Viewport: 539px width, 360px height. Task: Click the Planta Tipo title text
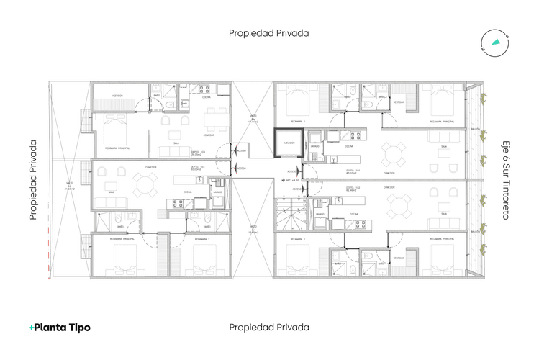[x=63, y=328]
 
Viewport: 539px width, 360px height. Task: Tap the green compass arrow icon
[x=495, y=42]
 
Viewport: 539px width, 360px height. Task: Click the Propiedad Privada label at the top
[x=269, y=33]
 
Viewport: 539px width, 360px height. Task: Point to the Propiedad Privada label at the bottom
[x=269, y=327]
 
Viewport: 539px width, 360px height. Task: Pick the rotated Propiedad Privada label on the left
[x=33, y=179]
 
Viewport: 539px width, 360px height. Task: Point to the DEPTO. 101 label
[x=353, y=171]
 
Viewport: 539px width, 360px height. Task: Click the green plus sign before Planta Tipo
[x=31, y=328]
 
